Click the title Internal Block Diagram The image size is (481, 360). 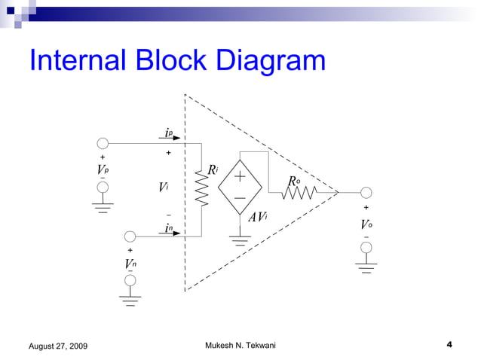pyautogui.click(x=177, y=62)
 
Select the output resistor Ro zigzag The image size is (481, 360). pyautogui.click(x=299, y=193)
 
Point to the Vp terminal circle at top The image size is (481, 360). pyautogui.click(x=103, y=143)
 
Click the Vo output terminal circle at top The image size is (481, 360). pyautogui.click(x=366, y=193)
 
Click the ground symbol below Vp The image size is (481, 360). pyautogui.click(x=103, y=203)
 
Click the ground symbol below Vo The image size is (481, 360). pyautogui.click(x=366, y=268)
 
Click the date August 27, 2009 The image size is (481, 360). pyautogui.click(x=57, y=346)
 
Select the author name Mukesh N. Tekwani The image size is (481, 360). pyautogui.click(x=240, y=345)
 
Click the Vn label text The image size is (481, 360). pyautogui.click(x=130, y=264)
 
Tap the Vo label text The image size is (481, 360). pyautogui.click(x=366, y=225)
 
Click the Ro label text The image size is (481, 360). pyautogui.click(x=295, y=181)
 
